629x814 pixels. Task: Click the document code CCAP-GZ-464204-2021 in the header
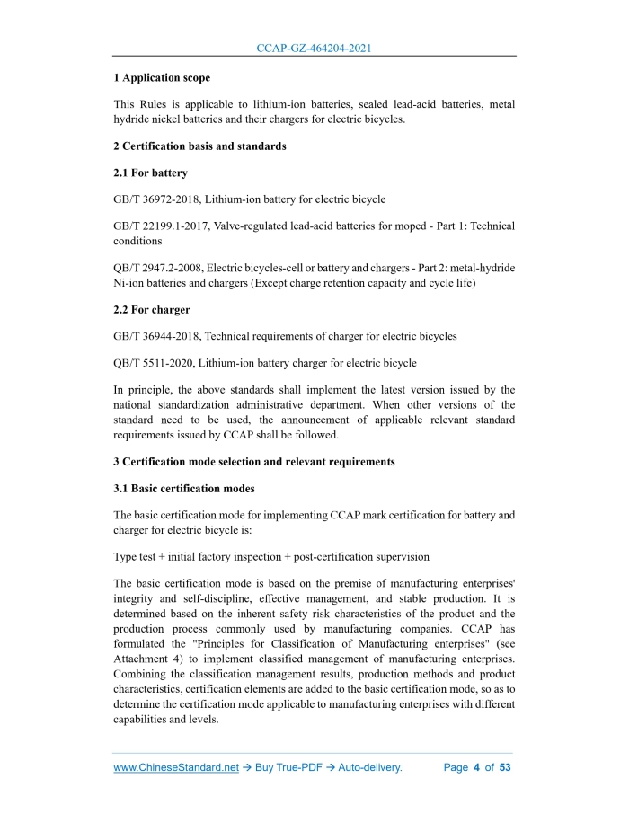314,48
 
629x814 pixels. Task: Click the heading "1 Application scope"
162,78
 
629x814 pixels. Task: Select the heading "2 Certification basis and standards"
199,146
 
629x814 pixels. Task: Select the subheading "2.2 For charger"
152,309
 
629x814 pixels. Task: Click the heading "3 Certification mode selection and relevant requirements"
254,462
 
